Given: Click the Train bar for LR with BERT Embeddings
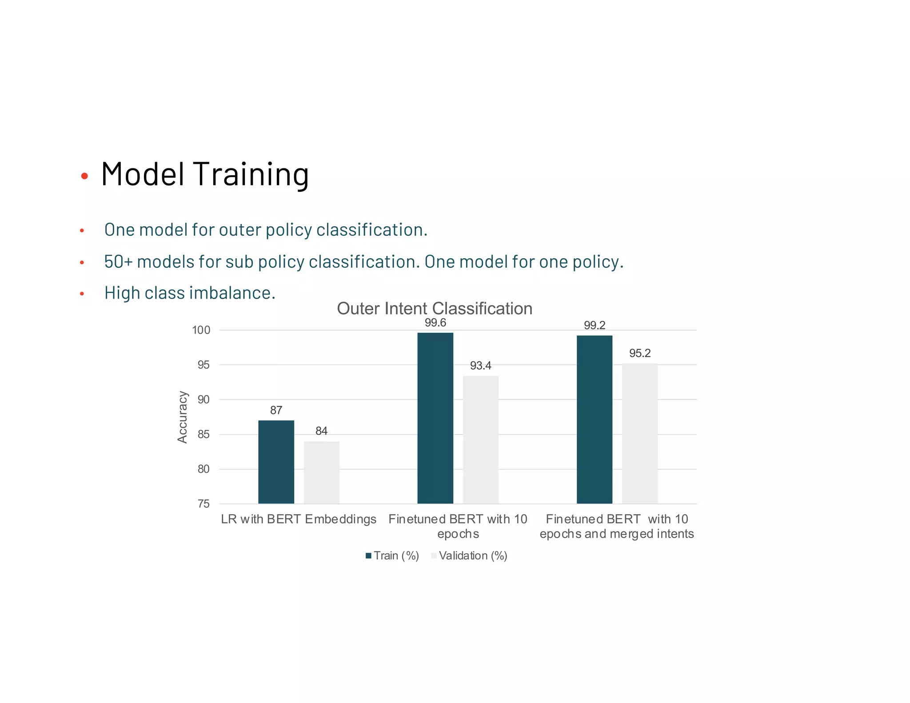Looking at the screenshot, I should [276, 462].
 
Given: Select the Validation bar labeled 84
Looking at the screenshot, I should [321, 472].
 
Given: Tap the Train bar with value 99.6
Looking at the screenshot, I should [435, 418].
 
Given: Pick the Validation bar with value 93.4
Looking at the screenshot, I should [480, 439].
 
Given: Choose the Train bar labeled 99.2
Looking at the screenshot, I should [594, 419].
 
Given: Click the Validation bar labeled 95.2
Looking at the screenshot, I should [639, 433].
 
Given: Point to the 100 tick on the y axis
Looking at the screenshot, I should [201, 330].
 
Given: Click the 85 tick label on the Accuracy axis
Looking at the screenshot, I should [204, 434].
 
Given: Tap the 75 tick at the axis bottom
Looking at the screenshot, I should [204, 504].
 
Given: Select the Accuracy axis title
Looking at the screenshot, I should [182, 417].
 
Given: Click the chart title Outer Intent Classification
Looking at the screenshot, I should [434, 308].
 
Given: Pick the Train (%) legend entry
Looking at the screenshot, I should [392, 555].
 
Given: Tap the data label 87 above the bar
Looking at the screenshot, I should [276, 410].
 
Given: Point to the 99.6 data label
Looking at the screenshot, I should [435, 323].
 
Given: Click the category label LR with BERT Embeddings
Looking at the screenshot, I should [298, 519].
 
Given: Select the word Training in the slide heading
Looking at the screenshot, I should [251, 174].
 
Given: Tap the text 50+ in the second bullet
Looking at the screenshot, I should [118, 262].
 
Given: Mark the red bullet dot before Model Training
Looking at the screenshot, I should [84, 176].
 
